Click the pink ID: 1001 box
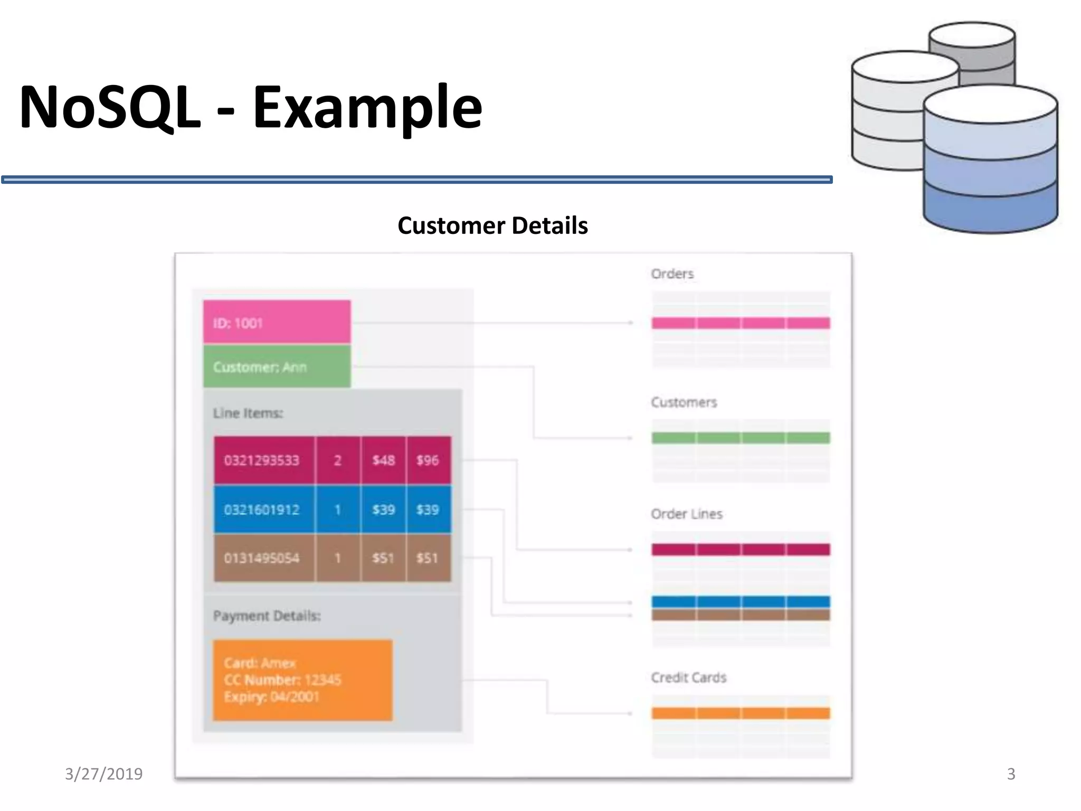pos(277,322)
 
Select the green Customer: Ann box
pos(277,366)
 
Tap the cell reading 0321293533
pos(262,460)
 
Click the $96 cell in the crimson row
pos(428,460)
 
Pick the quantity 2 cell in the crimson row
pos(338,460)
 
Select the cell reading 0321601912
pos(262,510)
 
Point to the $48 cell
pos(384,460)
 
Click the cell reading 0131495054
pos(262,558)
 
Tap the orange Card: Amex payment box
pos(302,680)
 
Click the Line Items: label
pos(248,413)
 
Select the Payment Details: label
pos(267,616)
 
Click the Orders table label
pos(672,274)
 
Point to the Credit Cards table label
pos(688,677)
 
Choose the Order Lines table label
pos(686,514)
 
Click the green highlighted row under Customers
pos(741,438)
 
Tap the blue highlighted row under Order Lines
pos(741,601)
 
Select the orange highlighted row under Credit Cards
pos(741,713)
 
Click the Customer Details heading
pos(492,225)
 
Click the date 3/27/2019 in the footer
pos(104,774)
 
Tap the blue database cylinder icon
pos(990,164)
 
